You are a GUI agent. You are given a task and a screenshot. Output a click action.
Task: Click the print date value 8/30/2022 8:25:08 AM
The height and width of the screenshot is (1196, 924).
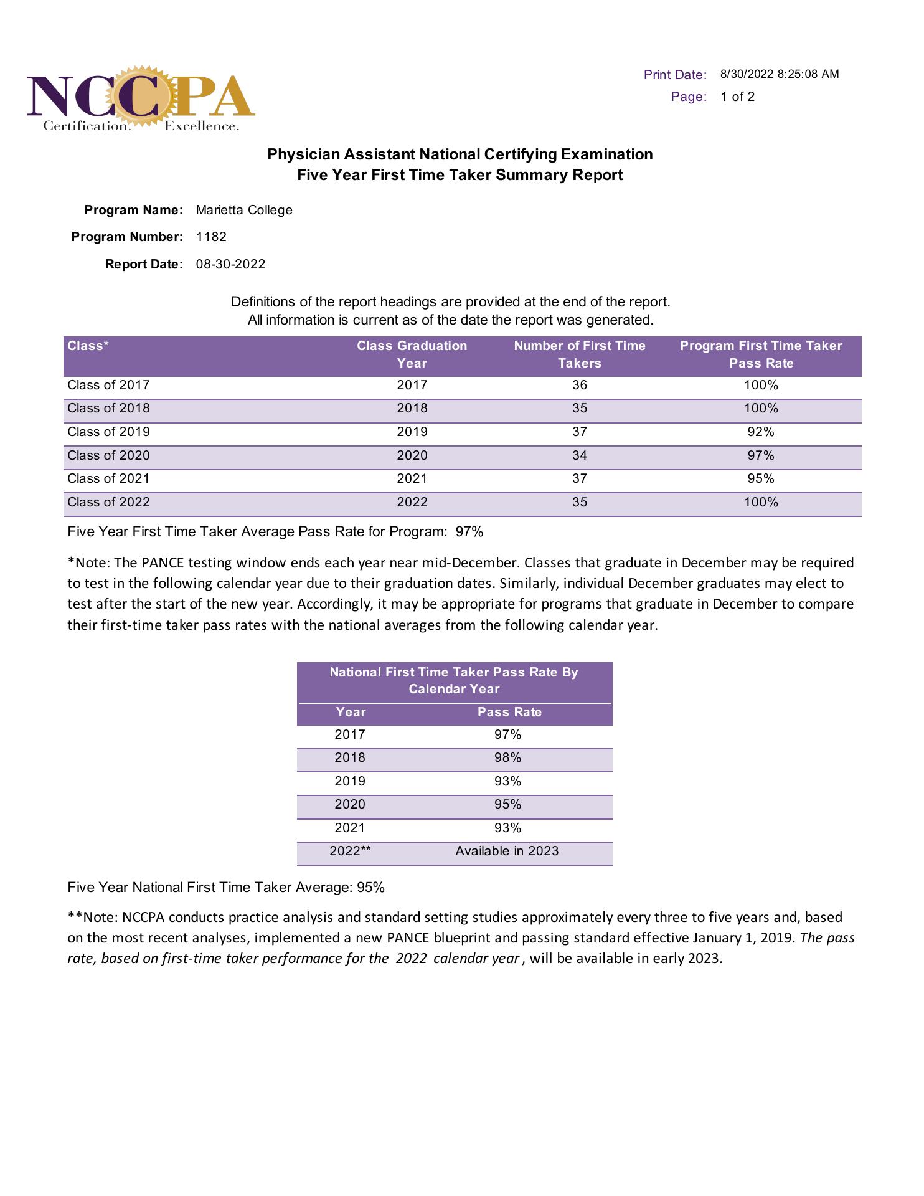point(779,74)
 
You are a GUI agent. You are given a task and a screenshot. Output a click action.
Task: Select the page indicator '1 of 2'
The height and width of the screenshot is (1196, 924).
point(737,97)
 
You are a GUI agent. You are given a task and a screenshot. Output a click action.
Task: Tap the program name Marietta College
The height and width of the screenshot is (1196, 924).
point(244,210)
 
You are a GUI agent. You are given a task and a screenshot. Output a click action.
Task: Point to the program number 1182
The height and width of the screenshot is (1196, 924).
point(211,237)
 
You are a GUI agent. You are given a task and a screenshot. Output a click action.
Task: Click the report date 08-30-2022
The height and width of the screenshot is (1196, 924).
point(230,264)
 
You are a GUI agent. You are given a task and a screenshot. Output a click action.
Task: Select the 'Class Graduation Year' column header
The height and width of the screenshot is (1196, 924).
point(412,354)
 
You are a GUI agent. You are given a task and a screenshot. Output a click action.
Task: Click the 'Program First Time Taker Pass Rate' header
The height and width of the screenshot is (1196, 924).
point(760,354)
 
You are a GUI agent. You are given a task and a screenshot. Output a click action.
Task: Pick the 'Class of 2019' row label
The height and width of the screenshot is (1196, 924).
point(108,432)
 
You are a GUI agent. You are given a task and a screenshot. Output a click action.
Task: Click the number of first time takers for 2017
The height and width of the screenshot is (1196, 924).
point(579,385)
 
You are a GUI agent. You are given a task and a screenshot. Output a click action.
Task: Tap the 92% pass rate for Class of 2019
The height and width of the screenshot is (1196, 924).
point(760,432)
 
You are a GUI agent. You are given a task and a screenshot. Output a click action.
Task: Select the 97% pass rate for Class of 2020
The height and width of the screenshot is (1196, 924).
point(760,455)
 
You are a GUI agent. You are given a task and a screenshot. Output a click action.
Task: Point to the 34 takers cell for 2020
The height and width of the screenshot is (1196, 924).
point(579,455)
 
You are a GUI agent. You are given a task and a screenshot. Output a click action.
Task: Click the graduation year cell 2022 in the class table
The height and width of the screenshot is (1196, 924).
point(412,502)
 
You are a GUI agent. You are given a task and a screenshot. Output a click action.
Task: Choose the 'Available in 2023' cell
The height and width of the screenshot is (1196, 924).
point(507,851)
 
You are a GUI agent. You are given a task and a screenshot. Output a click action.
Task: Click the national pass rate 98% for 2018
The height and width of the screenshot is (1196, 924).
point(507,757)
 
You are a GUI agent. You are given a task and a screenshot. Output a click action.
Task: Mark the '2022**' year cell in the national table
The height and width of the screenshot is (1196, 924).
point(350,851)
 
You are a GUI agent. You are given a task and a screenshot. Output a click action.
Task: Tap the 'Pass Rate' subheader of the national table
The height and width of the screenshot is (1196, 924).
point(509,712)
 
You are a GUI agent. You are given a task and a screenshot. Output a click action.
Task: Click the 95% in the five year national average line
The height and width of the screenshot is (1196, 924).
point(370,887)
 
